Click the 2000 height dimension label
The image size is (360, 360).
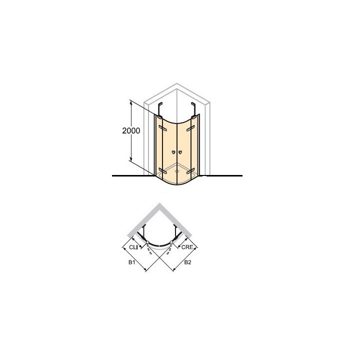pos(131,130)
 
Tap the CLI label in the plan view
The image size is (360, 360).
pos(133,247)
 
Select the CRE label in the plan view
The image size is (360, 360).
pos(187,247)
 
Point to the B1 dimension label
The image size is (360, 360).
pos(131,262)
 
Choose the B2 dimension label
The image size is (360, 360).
pos(187,262)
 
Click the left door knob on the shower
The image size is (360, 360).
pos(173,152)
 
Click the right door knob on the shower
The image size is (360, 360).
pos(180,152)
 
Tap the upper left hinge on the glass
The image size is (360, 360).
pos(162,127)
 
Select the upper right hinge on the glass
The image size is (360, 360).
pos(190,128)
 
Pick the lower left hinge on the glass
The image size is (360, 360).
pos(162,171)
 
